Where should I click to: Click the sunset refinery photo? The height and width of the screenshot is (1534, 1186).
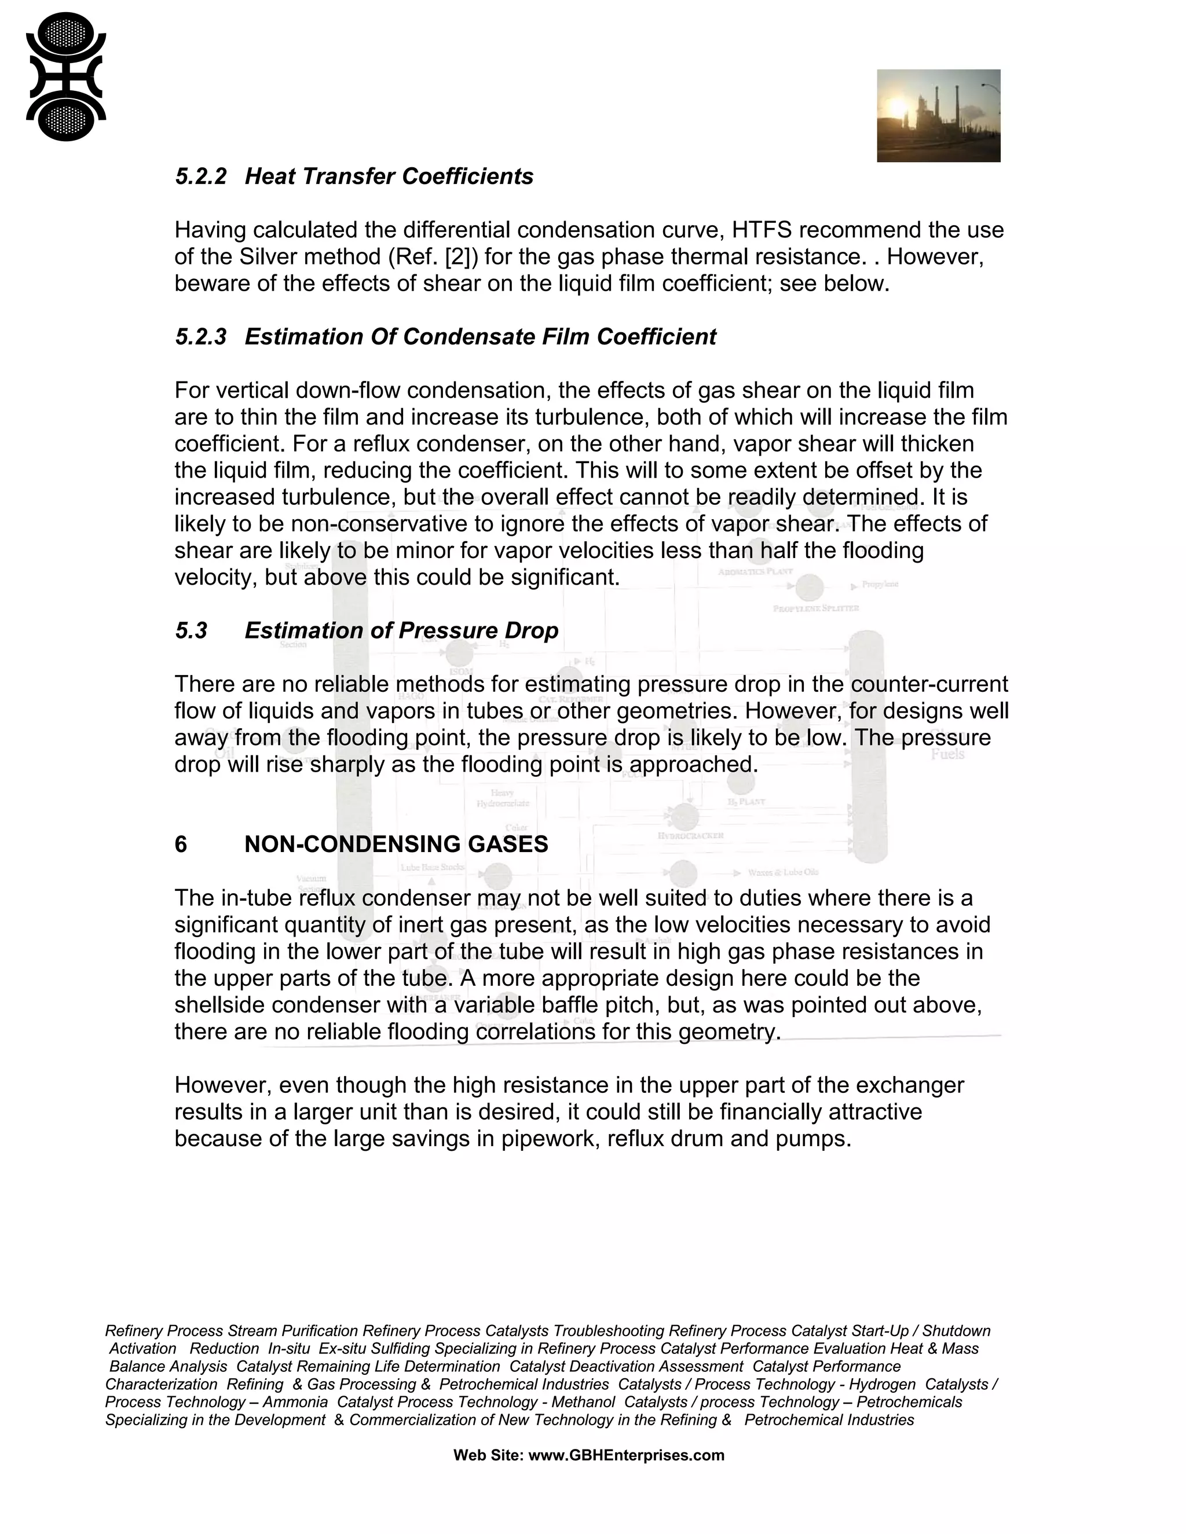938,115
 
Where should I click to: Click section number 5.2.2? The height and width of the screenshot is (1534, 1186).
201,177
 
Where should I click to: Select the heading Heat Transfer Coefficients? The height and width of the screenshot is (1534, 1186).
389,177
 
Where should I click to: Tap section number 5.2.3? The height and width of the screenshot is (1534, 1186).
201,337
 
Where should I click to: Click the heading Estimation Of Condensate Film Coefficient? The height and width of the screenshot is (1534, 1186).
480,337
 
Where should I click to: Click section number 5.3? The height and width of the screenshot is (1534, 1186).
191,631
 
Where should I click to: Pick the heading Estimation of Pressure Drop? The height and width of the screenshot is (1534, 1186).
401,631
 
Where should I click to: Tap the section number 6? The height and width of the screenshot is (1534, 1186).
181,844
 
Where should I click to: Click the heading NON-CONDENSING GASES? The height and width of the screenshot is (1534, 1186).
396,844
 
